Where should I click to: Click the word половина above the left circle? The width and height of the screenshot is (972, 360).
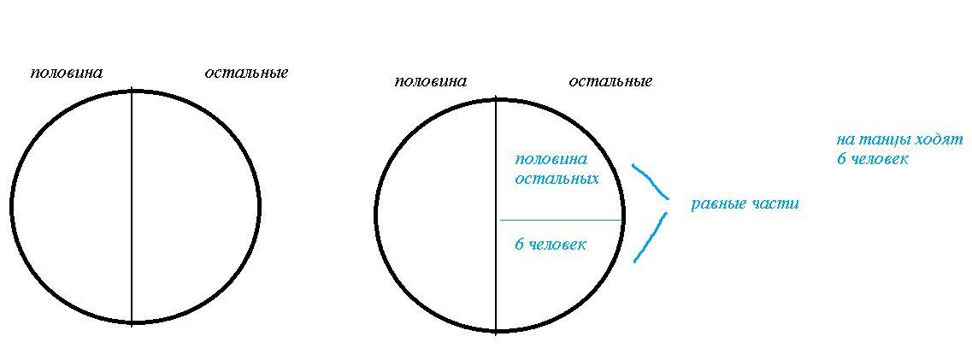pyautogui.click(x=66, y=73)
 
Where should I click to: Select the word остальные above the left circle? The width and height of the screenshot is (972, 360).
pyautogui.click(x=246, y=73)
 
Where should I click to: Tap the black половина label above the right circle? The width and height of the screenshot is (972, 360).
pyautogui.click(x=430, y=81)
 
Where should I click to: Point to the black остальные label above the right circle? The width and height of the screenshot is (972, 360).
pyautogui.click(x=610, y=81)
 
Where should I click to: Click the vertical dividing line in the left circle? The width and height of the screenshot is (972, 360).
pyautogui.click(x=132, y=205)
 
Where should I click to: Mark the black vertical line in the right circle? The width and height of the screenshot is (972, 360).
pyautogui.click(x=496, y=257)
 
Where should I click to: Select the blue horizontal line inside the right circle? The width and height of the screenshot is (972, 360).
pyautogui.click(x=560, y=221)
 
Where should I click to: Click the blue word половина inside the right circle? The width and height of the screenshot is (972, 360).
pyautogui.click(x=551, y=159)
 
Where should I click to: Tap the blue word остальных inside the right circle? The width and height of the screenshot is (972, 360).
pyautogui.click(x=557, y=179)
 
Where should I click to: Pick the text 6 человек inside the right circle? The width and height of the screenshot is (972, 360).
pyautogui.click(x=551, y=245)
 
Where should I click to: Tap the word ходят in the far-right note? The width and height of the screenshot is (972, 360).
pyautogui.click(x=940, y=139)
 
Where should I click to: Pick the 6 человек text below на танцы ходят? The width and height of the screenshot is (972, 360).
pyautogui.click(x=872, y=159)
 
